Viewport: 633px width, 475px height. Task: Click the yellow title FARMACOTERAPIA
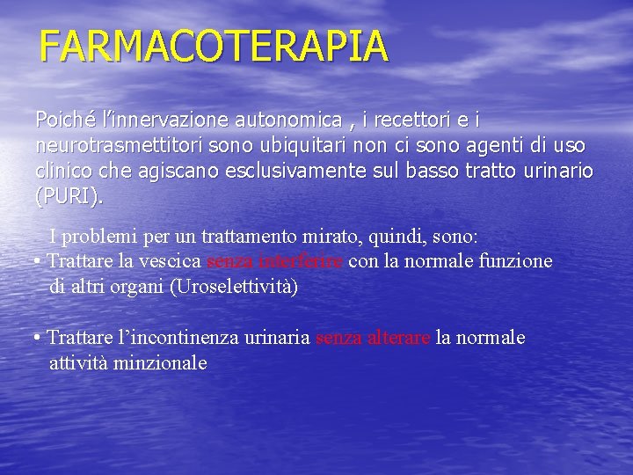(214, 47)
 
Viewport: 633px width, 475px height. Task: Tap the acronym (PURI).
(69, 196)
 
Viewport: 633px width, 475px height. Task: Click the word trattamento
(255, 237)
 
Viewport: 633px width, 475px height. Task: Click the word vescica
(171, 261)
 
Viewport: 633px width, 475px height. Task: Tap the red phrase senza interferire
(275, 261)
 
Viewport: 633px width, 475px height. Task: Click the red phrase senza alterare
(373, 338)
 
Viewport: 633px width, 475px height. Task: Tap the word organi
(136, 287)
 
